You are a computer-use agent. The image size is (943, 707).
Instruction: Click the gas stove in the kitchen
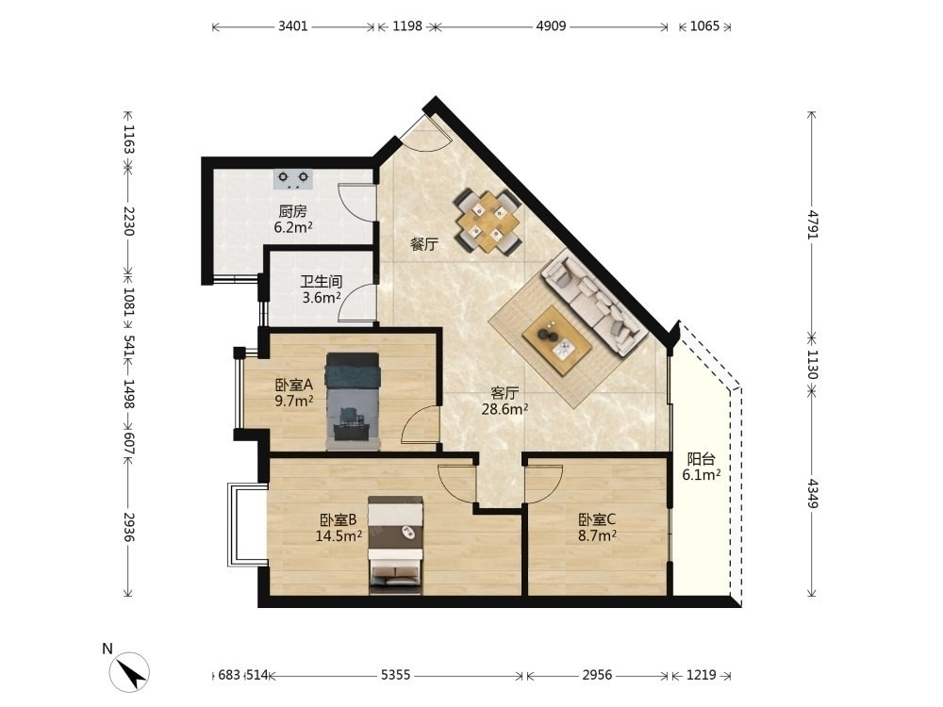pos(293,179)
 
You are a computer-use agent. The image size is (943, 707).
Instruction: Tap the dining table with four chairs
pos(488,222)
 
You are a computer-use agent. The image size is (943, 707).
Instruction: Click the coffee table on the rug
pos(557,341)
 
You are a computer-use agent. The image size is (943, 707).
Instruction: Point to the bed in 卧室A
pos(353,401)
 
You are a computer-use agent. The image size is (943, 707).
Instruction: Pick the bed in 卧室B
pos(395,545)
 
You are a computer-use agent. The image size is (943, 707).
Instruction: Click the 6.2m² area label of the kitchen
pos(293,227)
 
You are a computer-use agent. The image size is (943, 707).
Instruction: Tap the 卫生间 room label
pos(322,281)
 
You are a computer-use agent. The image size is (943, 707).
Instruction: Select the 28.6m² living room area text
pos(505,409)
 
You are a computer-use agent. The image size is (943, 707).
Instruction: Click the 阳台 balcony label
pos(701,459)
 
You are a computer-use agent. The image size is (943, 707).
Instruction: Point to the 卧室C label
pos(597,519)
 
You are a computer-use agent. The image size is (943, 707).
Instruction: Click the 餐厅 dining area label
pos(424,245)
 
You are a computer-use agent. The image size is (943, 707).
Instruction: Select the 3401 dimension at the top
pos(293,26)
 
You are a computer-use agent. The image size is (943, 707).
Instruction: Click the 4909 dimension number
pos(551,26)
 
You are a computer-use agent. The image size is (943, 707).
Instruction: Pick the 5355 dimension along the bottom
pos(396,675)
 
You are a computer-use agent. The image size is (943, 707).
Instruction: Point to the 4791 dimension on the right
pos(813,224)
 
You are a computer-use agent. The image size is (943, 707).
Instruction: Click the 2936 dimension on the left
pos(128,527)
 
